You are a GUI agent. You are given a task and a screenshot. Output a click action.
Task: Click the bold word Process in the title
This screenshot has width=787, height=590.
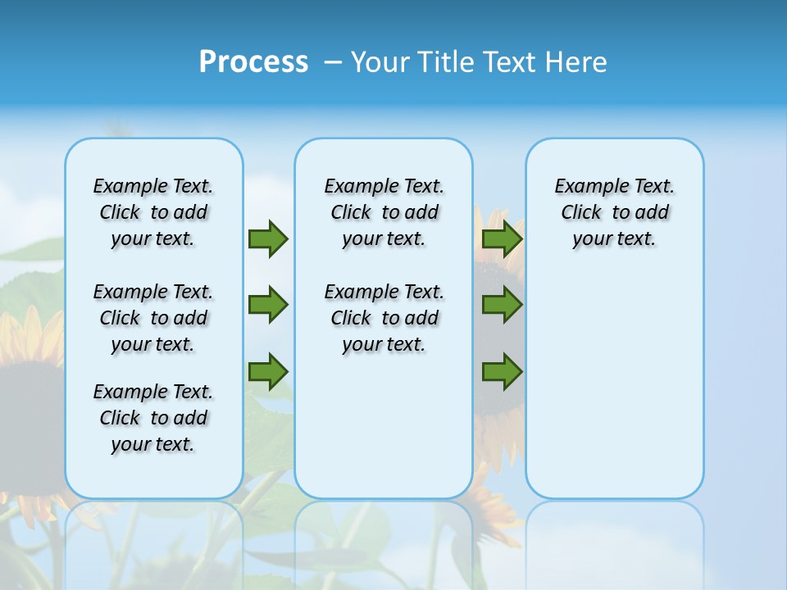(x=253, y=61)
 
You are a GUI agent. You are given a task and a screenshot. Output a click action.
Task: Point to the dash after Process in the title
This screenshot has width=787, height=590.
(x=333, y=62)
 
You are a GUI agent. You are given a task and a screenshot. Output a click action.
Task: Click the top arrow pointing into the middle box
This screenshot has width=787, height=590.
(x=268, y=238)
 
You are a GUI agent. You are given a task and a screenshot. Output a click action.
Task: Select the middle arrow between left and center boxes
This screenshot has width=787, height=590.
(x=268, y=305)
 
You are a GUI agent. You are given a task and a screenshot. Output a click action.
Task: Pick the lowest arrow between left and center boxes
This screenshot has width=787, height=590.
(x=268, y=372)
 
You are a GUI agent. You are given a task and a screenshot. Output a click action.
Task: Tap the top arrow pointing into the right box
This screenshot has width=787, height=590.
(x=502, y=238)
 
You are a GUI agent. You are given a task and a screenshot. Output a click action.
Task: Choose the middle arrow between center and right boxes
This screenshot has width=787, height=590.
(x=502, y=305)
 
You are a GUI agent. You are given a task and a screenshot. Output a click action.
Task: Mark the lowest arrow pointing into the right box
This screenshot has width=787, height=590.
(x=502, y=372)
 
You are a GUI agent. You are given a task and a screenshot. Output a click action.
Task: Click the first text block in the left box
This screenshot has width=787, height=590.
(x=153, y=212)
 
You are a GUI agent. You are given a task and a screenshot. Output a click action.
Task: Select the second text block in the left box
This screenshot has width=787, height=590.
(x=153, y=318)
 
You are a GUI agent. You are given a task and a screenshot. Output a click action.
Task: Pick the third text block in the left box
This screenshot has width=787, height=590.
(x=153, y=418)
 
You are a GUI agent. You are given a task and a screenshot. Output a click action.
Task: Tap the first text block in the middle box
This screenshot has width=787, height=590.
(x=384, y=212)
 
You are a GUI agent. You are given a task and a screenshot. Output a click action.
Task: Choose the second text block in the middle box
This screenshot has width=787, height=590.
(x=384, y=318)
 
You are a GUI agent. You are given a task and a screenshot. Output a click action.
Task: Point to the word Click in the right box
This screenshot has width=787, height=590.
(x=581, y=213)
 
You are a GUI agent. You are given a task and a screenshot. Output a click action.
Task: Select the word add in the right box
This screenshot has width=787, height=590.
(x=652, y=213)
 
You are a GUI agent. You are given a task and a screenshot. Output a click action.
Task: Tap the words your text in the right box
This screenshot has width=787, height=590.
(x=614, y=239)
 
